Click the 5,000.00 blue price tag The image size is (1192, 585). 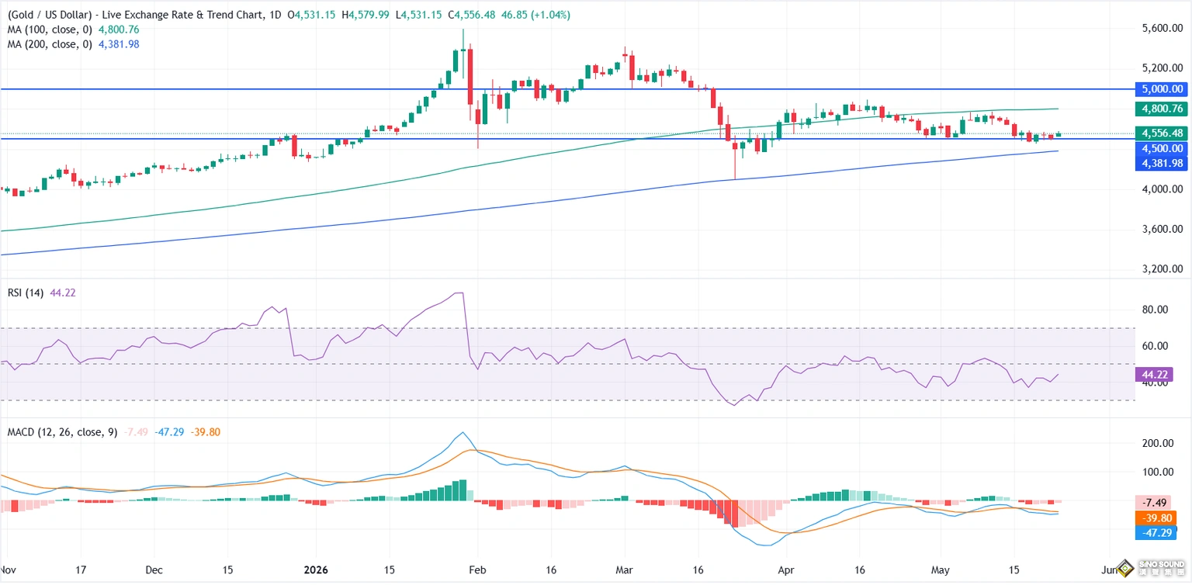point(1162,89)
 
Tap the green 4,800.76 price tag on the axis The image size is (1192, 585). point(1162,109)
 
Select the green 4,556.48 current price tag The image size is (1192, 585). point(1162,133)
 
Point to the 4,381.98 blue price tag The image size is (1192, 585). point(1162,163)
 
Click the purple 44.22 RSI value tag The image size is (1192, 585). point(1154,375)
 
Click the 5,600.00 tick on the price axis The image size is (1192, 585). point(1163,28)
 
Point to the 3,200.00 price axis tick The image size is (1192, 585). point(1163,269)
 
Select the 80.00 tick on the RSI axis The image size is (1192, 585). point(1156,310)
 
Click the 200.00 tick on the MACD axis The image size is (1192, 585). point(1158,443)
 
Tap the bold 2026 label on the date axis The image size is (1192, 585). point(316,570)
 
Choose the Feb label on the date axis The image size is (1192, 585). point(477,570)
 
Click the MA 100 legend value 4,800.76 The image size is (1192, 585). point(119,29)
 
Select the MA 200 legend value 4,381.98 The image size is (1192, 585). point(119,45)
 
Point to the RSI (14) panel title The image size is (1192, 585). point(26,293)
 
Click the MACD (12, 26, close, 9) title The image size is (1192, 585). point(62,432)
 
